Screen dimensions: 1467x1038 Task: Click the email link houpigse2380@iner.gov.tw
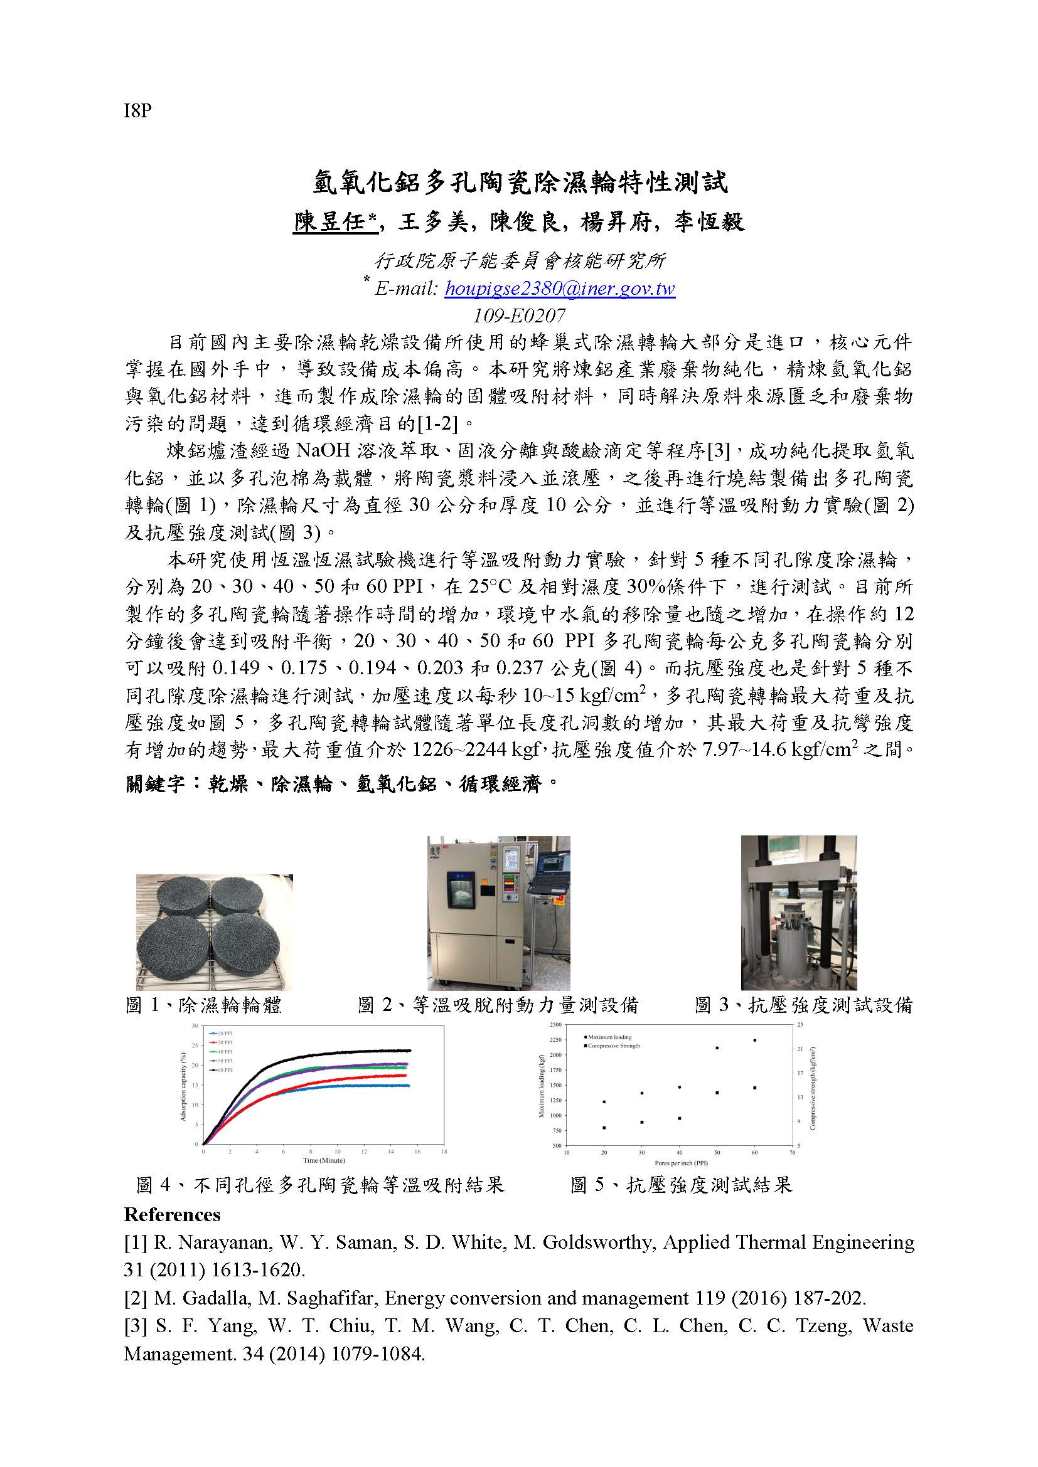coord(559,289)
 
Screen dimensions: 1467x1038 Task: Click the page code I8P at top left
coord(137,111)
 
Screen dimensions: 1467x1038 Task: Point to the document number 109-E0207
coord(518,315)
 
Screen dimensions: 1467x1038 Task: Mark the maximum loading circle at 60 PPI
coord(754,1040)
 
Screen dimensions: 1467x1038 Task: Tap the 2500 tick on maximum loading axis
coord(555,1025)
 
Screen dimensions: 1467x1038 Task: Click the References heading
coord(172,1215)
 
